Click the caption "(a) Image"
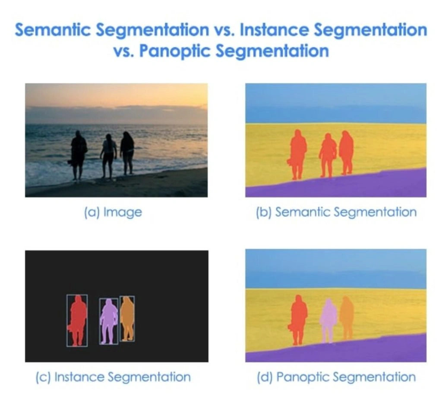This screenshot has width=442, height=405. (113, 212)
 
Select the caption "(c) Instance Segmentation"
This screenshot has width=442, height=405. (113, 377)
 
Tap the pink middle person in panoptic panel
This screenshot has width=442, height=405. (328, 319)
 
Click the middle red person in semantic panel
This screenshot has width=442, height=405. (328, 153)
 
